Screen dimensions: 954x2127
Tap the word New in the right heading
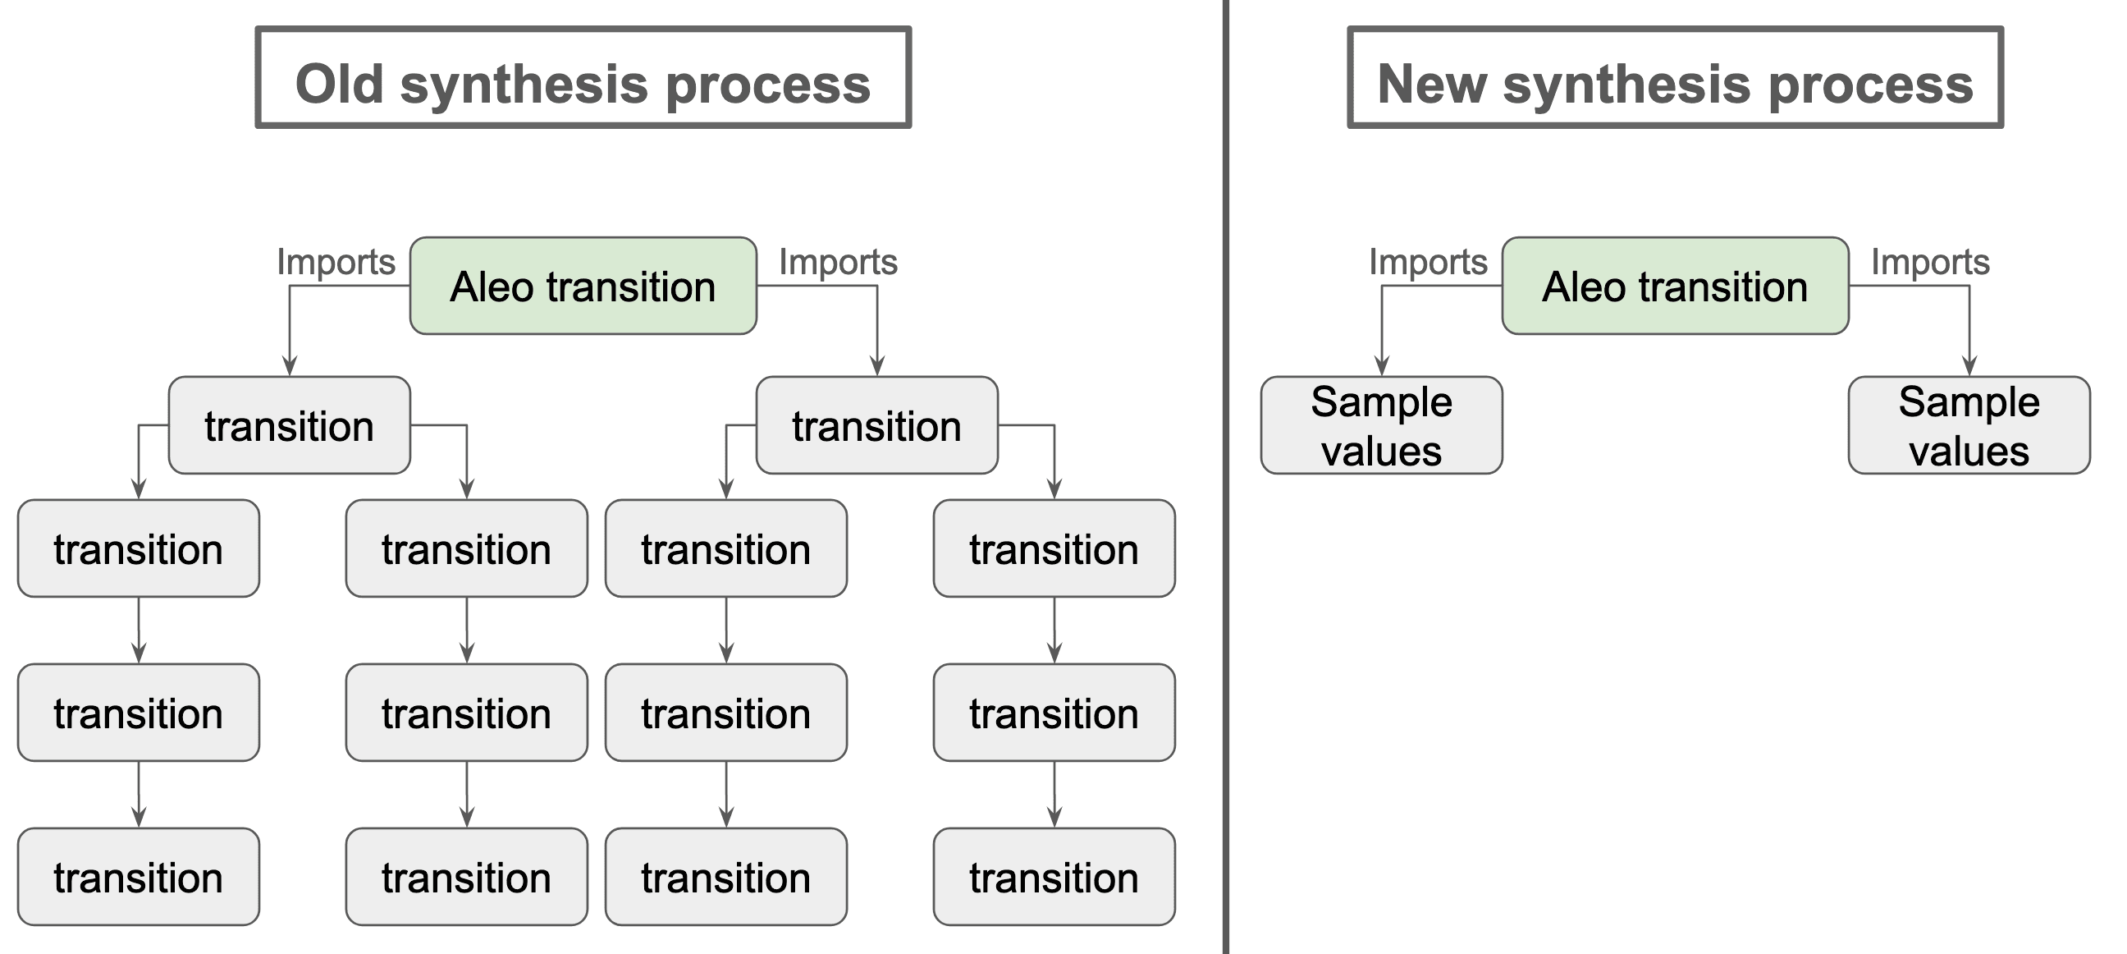tap(1432, 85)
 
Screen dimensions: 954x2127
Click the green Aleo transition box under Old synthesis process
tap(583, 287)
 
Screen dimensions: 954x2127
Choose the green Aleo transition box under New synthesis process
tap(1675, 287)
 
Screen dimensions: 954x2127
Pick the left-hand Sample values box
tap(1381, 425)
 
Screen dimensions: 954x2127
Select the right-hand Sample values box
tap(1969, 425)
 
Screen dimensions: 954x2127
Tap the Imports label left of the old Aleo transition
tap(336, 262)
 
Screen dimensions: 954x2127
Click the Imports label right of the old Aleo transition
tap(838, 262)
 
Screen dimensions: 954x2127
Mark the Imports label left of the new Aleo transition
tap(1428, 262)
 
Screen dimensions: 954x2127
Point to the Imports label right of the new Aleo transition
tap(1930, 262)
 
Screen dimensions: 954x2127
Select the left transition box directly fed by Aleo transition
tap(289, 425)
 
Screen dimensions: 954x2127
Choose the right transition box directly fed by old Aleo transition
tap(877, 425)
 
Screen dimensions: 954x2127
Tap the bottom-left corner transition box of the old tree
tap(139, 877)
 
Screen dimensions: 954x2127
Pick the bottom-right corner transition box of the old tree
tap(1054, 877)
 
